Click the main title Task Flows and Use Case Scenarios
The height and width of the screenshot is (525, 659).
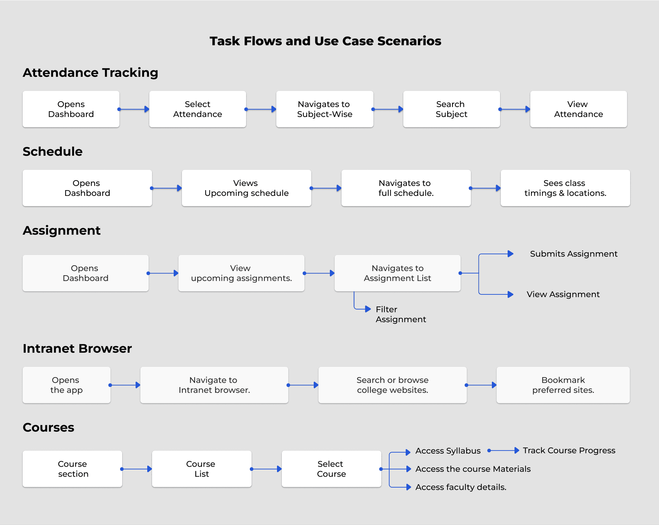pyautogui.click(x=325, y=41)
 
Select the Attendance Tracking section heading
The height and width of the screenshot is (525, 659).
pyautogui.click(x=90, y=73)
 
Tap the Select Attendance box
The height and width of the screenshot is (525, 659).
pyautogui.click(x=198, y=109)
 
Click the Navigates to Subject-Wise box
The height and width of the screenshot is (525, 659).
pyautogui.click(x=325, y=109)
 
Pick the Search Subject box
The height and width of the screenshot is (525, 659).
pyautogui.click(x=452, y=109)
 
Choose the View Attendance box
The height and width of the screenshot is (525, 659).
pyautogui.click(x=579, y=109)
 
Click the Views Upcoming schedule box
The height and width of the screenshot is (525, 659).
pyautogui.click(x=246, y=188)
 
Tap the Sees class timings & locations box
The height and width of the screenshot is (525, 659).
pyautogui.click(x=565, y=188)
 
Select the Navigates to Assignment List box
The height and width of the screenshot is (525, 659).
pyautogui.click(x=397, y=273)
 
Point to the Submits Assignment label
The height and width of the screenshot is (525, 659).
pyautogui.click(x=574, y=254)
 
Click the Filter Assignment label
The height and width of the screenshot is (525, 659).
pyautogui.click(x=401, y=314)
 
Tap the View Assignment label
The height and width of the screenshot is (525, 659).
pyautogui.click(x=563, y=294)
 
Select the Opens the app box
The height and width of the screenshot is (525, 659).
pyautogui.click(x=67, y=385)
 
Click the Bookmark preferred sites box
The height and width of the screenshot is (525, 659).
pyautogui.click(x=563, y=385)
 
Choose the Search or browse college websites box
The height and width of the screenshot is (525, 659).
pyautogui.click(x=393, y=385)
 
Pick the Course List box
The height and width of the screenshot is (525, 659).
pyautogui.click(x=202, y=469)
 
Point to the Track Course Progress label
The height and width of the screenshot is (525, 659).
pyautogui.click(x=569, y=451)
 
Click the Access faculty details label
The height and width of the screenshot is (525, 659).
pyautogui.click(x=461, y=487)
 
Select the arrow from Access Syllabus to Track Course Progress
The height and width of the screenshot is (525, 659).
pyautogui.click(x=503, y=451)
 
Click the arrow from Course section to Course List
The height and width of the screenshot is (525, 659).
pyautogui.click(x=136, y=469)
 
